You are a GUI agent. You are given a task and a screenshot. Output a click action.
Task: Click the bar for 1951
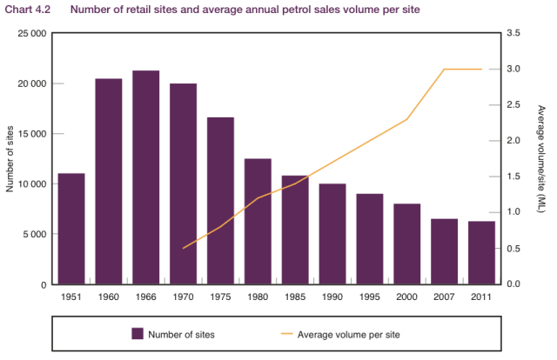71,228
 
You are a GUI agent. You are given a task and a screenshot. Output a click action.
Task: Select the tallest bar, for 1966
146,177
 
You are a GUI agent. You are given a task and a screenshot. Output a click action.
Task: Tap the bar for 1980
258,221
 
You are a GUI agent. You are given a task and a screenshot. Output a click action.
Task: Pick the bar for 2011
481,252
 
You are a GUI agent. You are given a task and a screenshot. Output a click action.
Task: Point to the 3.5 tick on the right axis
513,33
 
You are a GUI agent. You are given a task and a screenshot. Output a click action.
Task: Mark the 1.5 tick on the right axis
513,177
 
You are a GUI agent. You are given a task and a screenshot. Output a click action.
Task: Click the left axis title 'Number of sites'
10,159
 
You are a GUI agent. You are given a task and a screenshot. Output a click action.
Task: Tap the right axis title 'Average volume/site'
540,159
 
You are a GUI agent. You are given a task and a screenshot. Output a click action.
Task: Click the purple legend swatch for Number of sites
137,333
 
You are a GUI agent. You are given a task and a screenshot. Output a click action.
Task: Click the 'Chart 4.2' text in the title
22,10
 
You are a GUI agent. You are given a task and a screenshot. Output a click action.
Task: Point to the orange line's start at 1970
183,249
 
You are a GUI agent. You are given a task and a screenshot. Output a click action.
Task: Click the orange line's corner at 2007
444,69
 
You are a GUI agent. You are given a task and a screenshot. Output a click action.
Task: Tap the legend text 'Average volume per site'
348,333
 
